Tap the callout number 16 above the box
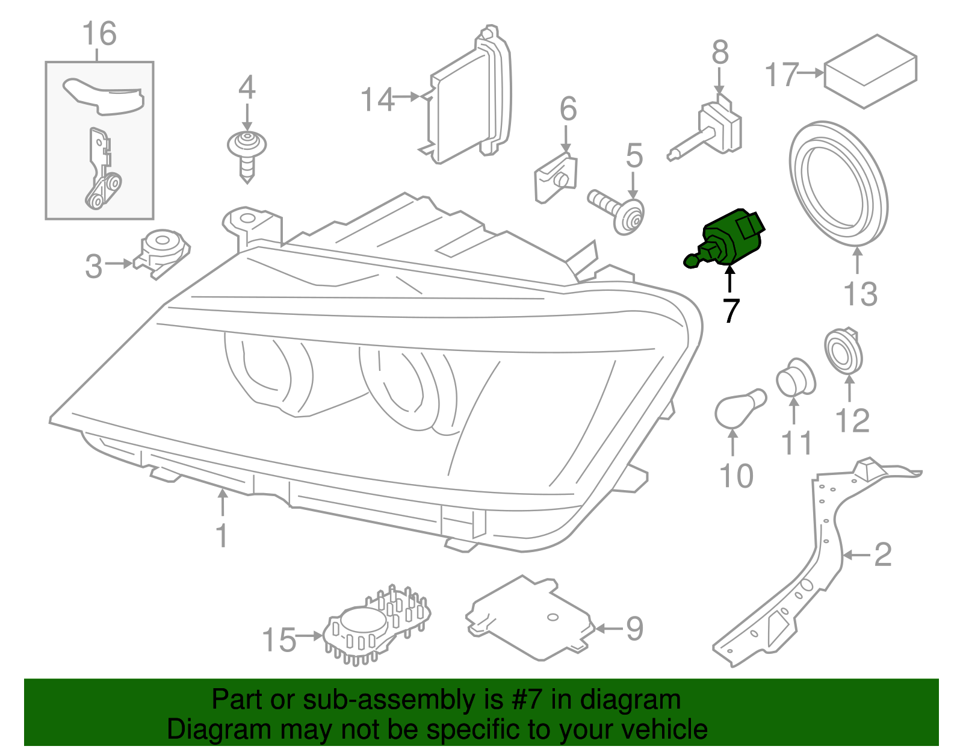pos(99,34)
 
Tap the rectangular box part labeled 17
pos(870,71)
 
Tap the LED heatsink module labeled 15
pos(376,626)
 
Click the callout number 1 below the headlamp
pos(222,535)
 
